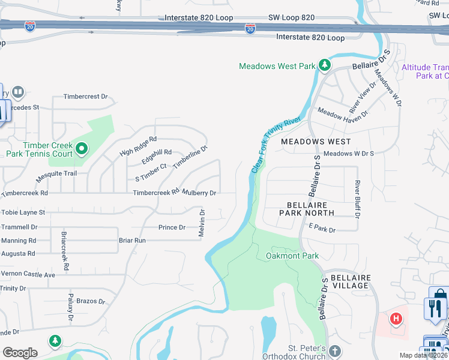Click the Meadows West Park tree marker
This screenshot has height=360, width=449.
pos(324,65)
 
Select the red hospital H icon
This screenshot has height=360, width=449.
pos(396,318)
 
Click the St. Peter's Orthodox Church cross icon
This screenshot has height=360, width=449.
pos(335,350)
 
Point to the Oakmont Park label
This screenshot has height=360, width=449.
pos(292,256)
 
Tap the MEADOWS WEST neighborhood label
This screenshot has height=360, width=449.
pos(316,142)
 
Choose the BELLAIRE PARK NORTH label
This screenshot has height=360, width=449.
pos(307,209)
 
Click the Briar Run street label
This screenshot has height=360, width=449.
pos(132,240)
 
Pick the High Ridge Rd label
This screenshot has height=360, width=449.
pos(137,145)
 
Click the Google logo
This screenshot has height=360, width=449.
pos(20,353)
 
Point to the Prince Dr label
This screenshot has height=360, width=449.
pos(172,227)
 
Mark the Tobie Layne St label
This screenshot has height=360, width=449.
pos(23,212)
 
